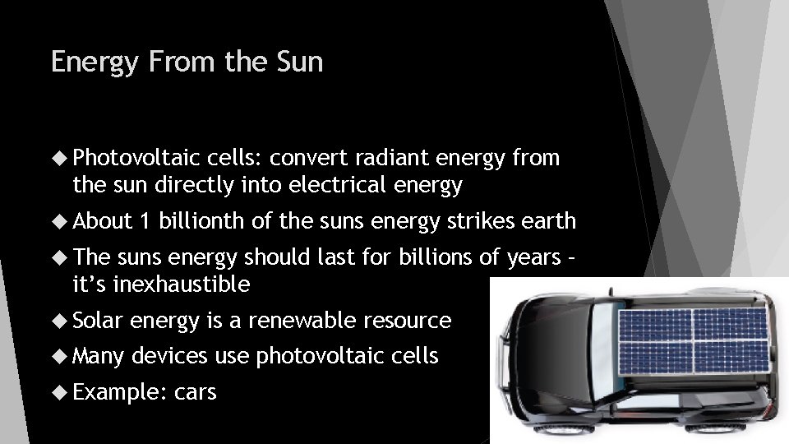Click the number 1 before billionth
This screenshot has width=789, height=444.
coord(145,221)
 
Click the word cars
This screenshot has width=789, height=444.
coord(196,392)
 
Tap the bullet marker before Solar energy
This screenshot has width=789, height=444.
coord(60,321)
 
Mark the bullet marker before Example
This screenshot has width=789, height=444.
coord(60,393)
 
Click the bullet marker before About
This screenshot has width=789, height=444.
coord(60,222)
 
